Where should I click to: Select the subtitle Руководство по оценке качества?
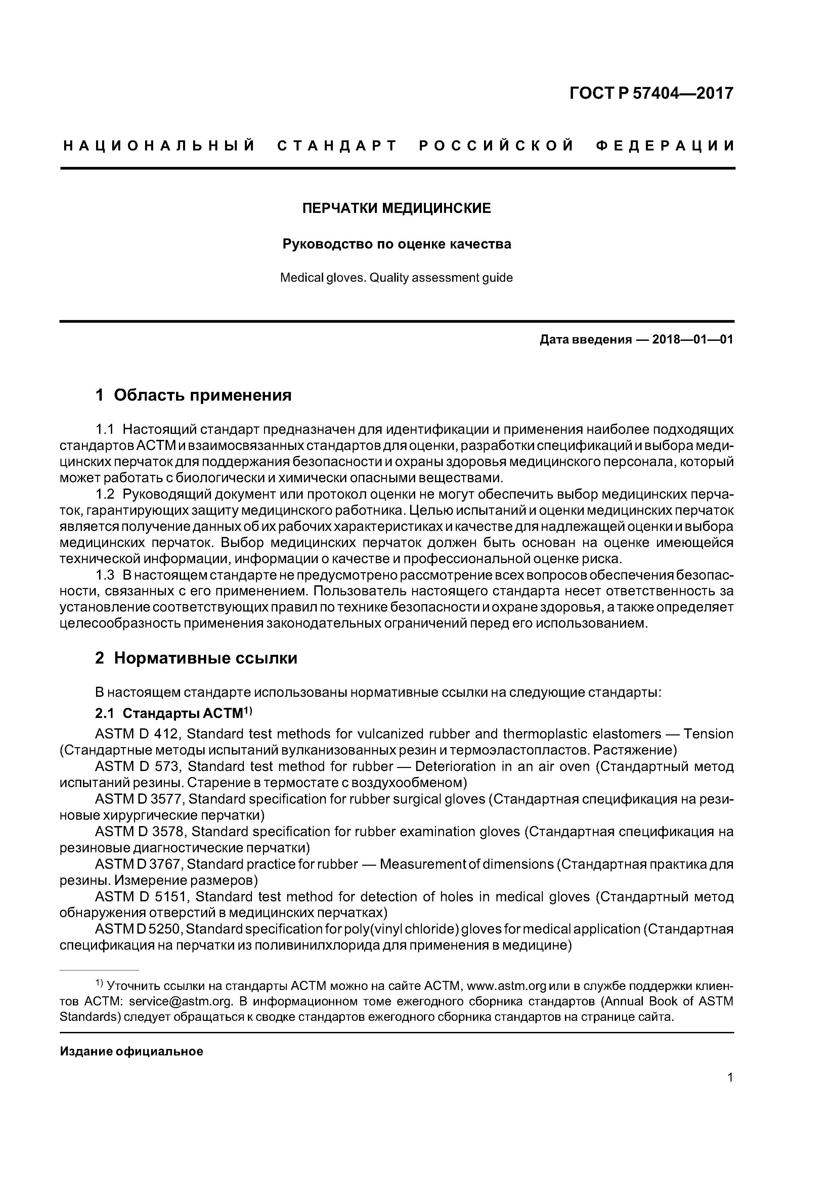[x=396, y=244]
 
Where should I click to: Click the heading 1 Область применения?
[x=193, y=395]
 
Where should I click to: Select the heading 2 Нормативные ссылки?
[x=196, y=658]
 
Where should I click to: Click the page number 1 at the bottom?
[x=730, y=1092]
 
